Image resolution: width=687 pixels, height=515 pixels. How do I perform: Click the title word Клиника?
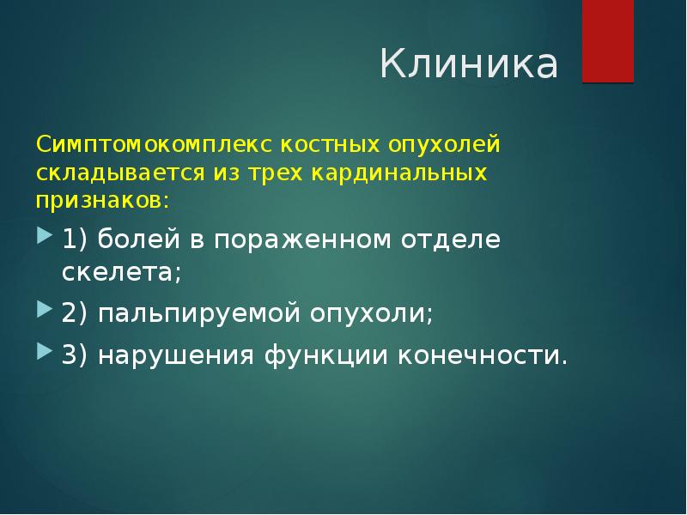(x=469, y=65)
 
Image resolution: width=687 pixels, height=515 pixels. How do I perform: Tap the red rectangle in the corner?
(x=608, y=41)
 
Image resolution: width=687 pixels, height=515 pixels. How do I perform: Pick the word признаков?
(x=100, y=201)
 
